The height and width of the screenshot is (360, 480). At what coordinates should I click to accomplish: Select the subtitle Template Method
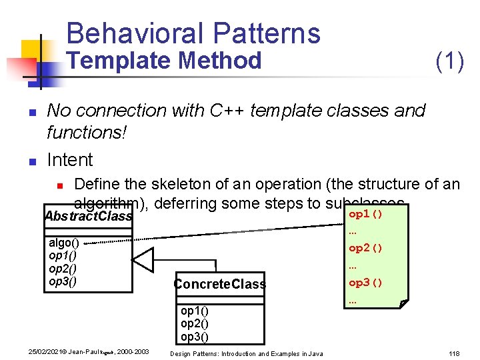click(166, 61)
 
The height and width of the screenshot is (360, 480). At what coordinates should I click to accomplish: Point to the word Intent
click(70, 160)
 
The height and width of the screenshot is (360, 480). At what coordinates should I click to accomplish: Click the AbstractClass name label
click(87, 216)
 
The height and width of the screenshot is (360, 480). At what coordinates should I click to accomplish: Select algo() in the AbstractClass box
click(64, 243)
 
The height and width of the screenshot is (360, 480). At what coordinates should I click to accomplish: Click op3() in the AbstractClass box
click(63, 281)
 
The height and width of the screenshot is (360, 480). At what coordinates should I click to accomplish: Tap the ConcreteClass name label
click(219, 284)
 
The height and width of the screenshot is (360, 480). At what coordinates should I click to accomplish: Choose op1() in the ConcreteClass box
click(195, 311)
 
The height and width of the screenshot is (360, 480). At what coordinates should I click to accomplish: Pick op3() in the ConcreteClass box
click(195, 336)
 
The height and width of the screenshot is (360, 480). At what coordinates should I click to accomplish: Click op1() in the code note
click(365, 215)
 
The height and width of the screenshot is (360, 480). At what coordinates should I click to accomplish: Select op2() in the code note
click(365, 248)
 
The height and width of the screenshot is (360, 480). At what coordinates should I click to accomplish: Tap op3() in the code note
click(365, 282)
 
